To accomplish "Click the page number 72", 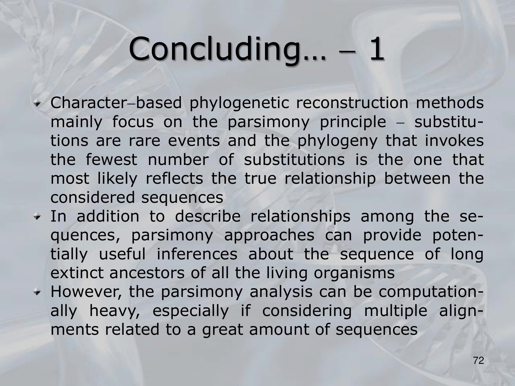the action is [x=478, y=368].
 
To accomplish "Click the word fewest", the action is [x=111, y=160].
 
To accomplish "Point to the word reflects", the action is [x=174, y=179].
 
